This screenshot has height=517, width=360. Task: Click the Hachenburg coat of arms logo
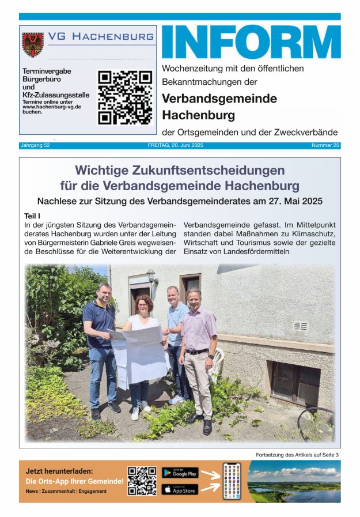click(x=33, y=44)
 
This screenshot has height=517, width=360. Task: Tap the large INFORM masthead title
click(x=251, y=41)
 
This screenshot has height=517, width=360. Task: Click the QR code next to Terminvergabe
click(x=124, y=97)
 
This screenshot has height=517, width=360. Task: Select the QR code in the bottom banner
click(x=142, y=481)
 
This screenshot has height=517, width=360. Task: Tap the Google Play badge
click(x=180, y=473)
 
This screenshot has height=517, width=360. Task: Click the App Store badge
click(x=180, y=489)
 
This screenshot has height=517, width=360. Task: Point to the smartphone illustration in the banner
click(x=232, y=481)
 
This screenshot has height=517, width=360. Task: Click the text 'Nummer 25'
click(x=325, y=145)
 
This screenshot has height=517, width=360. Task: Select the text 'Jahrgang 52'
click(x=35, y=145)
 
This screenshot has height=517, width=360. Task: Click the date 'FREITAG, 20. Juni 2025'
click(x=175, y=145)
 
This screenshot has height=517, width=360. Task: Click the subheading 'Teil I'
click(x=33, y=215)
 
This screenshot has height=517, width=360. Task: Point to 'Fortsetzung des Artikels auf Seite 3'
click(x=297, y=455)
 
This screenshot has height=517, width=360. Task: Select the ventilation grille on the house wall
click(x=300, y=326)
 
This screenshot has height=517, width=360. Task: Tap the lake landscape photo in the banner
click(x=294, y=481)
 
